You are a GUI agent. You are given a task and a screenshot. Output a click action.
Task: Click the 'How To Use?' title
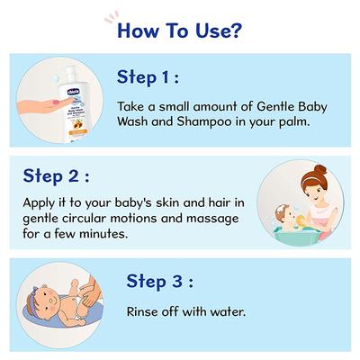point(179,34)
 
